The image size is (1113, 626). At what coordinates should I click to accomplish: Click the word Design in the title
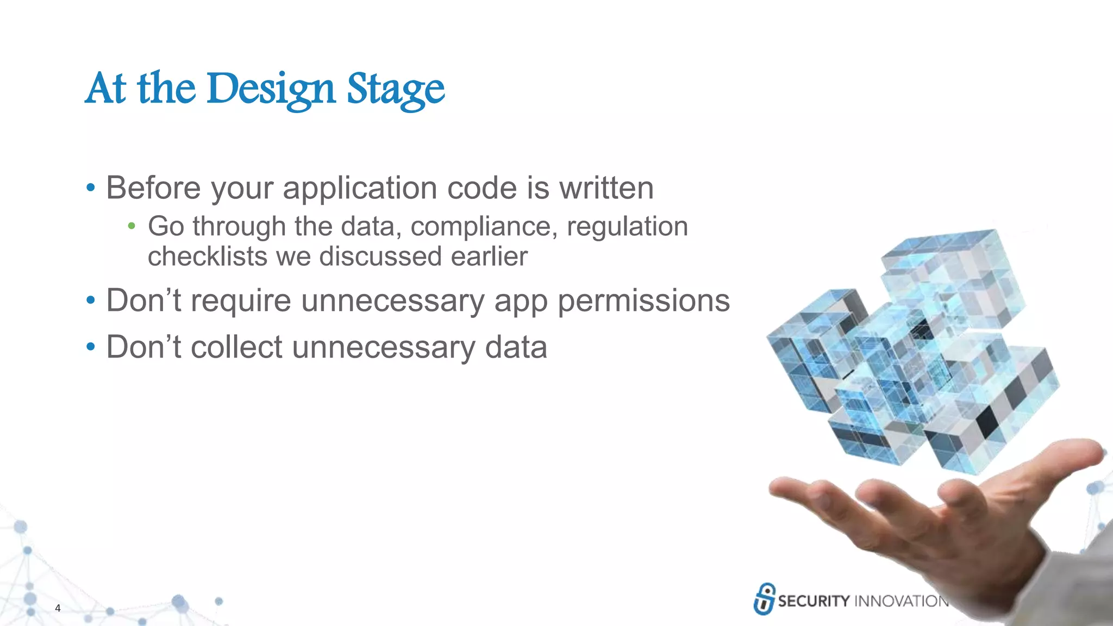270,89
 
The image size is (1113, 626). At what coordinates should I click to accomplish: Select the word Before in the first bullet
153,188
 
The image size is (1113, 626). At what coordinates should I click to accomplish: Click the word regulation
627,227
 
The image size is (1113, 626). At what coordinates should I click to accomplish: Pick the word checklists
207,256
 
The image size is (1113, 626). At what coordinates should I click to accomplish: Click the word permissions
643,301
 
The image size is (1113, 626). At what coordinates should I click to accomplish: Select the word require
241,302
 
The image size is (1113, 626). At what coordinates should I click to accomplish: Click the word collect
236,347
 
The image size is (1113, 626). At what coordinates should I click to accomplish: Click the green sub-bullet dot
131,226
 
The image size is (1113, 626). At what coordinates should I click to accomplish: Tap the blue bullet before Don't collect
91,346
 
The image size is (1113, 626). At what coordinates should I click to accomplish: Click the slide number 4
58,608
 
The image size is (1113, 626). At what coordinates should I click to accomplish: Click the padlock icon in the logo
765,599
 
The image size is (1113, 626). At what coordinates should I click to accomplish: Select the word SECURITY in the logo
814,601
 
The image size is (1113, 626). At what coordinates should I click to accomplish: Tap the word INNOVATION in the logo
901,601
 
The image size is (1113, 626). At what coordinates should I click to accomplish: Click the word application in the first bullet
360,189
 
